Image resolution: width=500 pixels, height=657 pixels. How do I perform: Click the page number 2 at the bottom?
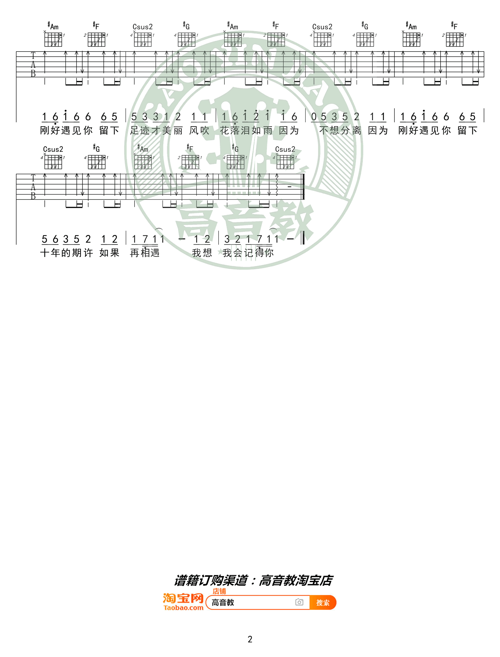(x=250, y=639)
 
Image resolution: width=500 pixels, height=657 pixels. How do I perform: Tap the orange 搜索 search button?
(x=323, y=603)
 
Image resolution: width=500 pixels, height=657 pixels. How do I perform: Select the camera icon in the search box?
(x=299, y=602)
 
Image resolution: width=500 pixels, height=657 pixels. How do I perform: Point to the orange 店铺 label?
(x=219, y=591)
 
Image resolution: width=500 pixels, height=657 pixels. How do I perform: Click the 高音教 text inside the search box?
(x=223, y=603)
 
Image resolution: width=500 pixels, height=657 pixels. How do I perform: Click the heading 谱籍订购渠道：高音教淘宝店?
(x=253, y=580)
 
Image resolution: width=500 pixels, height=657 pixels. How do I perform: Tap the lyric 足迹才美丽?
(x=156, y=130)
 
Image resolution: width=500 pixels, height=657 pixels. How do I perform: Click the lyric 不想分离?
(x=340, y=130)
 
